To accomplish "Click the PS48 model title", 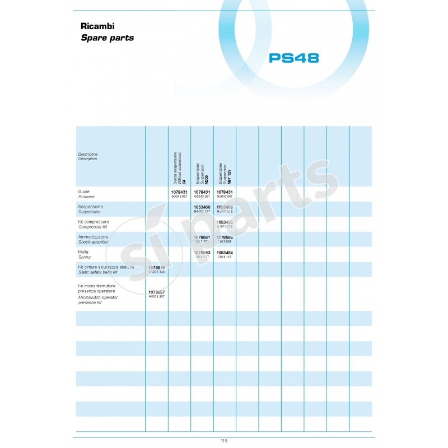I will click(x=293, y=58).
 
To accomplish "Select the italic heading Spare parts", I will click(x=108, y=38).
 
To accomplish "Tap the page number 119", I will click(x=224, y=441).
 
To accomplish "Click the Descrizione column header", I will click(x=88, y=156).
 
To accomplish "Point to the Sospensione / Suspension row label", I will click(x=91, y=209).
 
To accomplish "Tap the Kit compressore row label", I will click(x=94, y=224).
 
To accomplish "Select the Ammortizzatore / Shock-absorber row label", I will click(x=94, y=239).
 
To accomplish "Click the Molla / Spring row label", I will click(x=85, y=254).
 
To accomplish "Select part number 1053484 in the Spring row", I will click(x=225, y=253).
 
